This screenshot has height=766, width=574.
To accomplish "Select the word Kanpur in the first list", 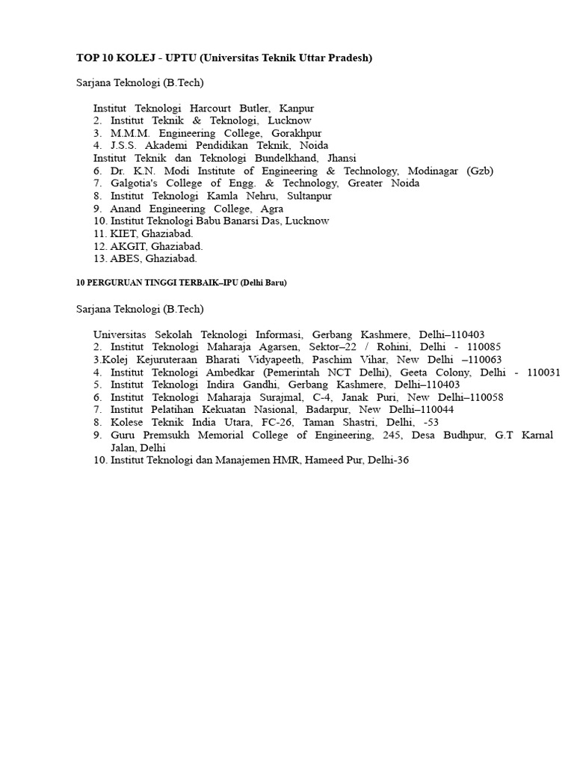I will click(296, 108).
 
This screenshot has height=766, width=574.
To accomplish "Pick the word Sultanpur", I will click(306, 196).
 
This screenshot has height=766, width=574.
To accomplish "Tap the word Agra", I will click(272, 209).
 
